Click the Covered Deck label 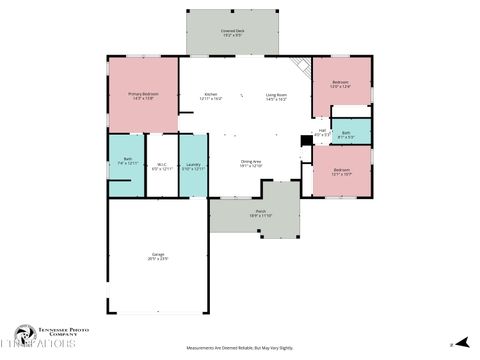click(233, 31)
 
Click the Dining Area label click(250, 161)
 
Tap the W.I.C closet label click(161, 165)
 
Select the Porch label click(260, 211)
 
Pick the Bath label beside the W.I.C click(128, 159)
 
